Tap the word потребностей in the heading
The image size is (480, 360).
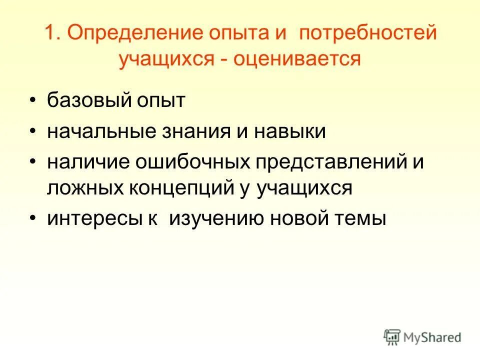368,33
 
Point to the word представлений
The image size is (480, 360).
330,162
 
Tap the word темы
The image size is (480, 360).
363,219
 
